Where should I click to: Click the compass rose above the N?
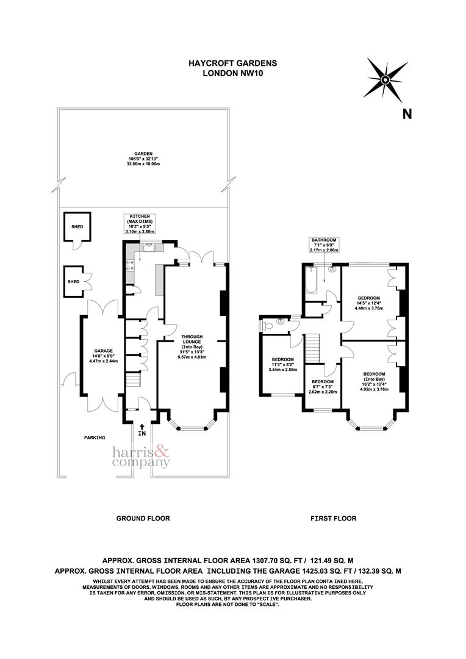coord(385,79)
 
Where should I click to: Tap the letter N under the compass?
coord(407,113)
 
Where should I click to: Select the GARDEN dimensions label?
coord(143,159)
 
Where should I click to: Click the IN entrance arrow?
coord(142,430)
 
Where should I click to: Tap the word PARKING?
coord(95,438)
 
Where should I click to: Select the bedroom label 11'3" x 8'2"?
coord(282,364)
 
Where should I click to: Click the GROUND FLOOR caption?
coord(143,518)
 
